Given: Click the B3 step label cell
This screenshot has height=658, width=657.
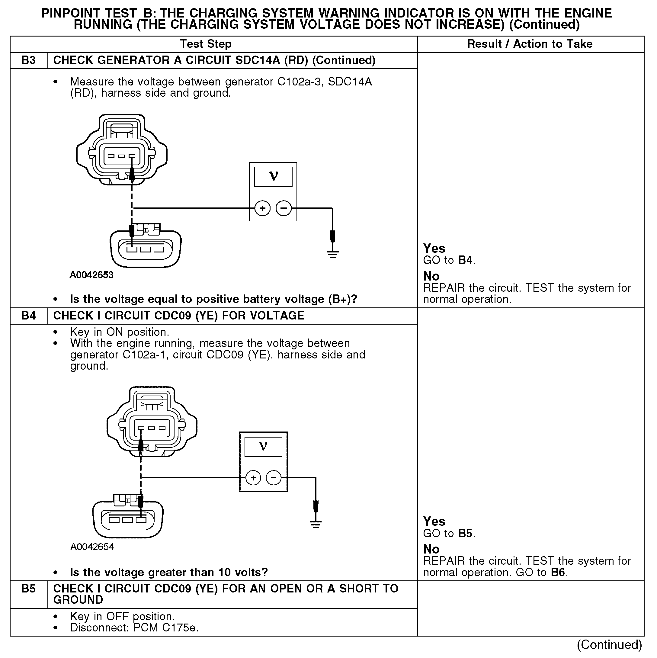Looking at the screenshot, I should (29, 60).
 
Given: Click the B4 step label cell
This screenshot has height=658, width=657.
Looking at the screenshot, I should (29, 316).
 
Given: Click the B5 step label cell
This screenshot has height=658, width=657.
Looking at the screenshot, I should (29, 589).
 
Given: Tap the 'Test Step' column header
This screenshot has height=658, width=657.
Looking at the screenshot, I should (206, 44).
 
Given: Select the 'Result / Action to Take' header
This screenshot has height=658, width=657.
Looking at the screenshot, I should (530, 44).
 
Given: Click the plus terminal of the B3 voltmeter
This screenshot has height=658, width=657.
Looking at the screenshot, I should (262, 208).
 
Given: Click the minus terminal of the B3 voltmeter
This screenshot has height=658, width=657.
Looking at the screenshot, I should (284, 208).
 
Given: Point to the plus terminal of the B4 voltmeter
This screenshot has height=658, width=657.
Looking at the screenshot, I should (253, 478).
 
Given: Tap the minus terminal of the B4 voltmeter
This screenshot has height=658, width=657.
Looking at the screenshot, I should (274, 478).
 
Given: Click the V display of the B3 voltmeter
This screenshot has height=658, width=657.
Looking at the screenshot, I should (273, 177).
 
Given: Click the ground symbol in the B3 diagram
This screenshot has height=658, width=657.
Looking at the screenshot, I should (333, 254).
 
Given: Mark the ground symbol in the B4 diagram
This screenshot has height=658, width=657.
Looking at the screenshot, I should (316, 524).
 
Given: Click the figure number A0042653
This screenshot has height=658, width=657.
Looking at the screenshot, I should (91, 275).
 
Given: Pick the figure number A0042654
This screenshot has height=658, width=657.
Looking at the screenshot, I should (92, 547).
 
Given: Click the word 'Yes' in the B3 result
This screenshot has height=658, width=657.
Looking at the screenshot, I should (434, 248).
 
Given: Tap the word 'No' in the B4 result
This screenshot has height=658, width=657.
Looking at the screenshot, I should (431, 549).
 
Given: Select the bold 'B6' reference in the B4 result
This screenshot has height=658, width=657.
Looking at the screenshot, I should (558, 572).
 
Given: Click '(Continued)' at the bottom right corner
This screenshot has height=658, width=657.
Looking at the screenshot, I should (609, 645).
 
